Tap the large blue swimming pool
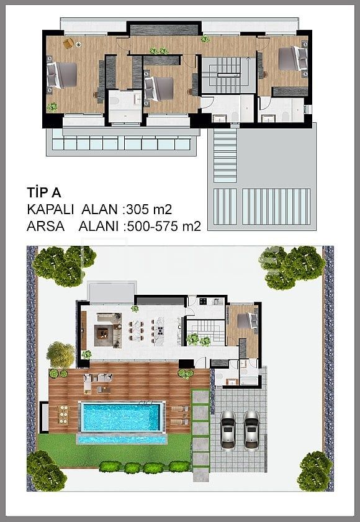tap(122, 416)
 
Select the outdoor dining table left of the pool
tap(62, 414)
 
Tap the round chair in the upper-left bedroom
tap(68, 42)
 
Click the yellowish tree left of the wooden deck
tap(60, 354)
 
